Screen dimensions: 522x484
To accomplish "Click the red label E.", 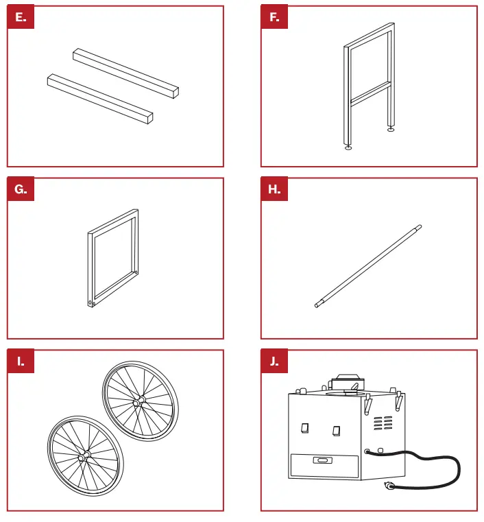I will pyautogui.click(x=21, y=18).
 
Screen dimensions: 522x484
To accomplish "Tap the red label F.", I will pyautogui.click(x=274, y=18).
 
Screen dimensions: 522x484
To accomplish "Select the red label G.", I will pyautogui.click(x=21, y=190).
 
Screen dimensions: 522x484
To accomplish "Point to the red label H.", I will pyautogui.click(x=274, y=190).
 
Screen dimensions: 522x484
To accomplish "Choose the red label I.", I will pyautogui.click(x=21, y=361).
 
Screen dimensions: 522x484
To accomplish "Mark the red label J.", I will pyautogui.click(x=274, y=361).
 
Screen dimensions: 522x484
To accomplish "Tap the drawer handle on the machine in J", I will pyautogui.click(x=321, y=460).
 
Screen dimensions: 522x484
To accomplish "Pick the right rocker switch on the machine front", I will pyautogui.click(x=335, y=430).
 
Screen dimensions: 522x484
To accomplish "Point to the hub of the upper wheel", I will pyautogui.click(x=141, y=399).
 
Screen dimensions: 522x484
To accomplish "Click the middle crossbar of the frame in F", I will pyautogui.click(x=370, y=93).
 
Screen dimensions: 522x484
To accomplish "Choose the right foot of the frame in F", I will pyautogui.click(x=391, y=128).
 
